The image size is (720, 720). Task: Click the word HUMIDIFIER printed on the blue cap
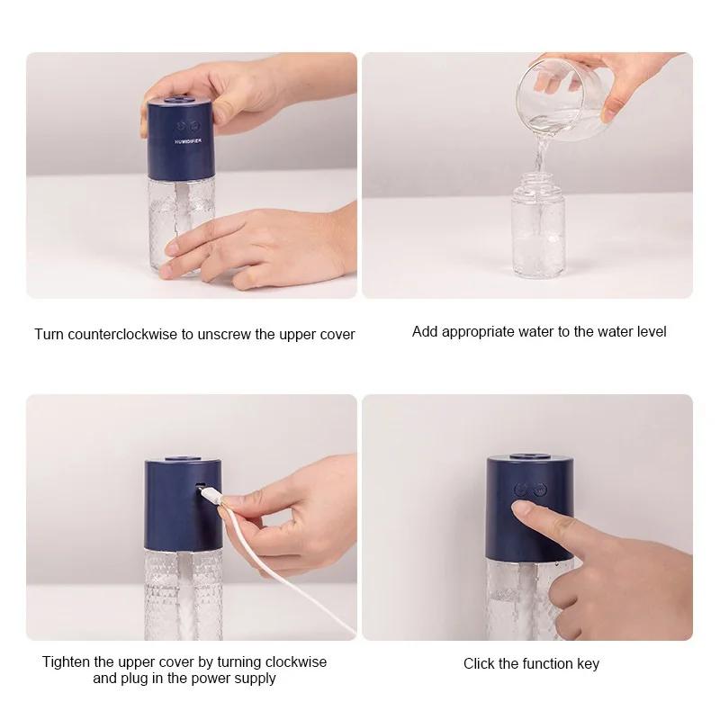click(x=188, y=141)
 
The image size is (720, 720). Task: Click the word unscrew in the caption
click(x=224, y=334)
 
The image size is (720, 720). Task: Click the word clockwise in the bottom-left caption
click(x=296, y=661)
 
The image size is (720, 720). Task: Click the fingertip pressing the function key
click(x=522, y=508)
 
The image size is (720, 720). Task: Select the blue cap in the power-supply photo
click(x=184, y=504)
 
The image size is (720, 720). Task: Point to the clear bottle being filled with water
click(x=538, y=225)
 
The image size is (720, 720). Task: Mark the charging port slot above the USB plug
click(x=200, y=484)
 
